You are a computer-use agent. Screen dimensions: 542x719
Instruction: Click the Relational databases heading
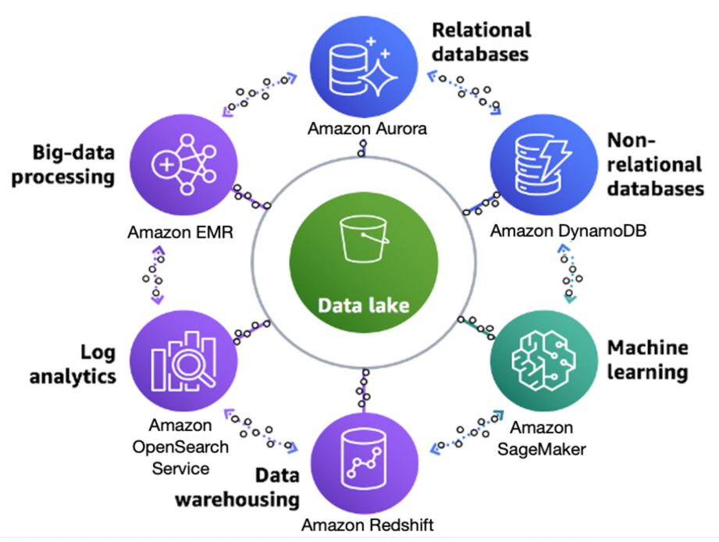(481, 41)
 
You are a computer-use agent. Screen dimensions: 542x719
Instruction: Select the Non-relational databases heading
(654, 164)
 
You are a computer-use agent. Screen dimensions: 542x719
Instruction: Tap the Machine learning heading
(647, 359)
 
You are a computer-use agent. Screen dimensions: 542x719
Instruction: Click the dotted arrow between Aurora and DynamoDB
(464, 92)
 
